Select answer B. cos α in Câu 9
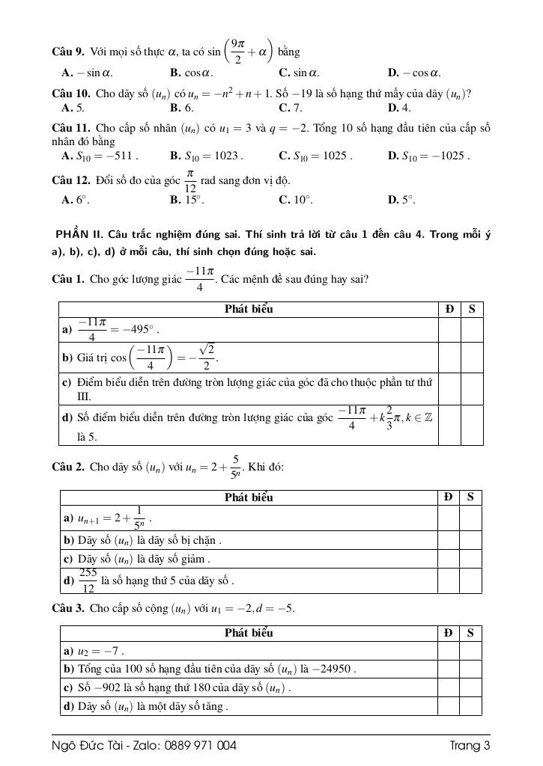click(192, 73)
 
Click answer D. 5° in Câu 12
click(401, 200)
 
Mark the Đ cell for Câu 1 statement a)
click(449, 330)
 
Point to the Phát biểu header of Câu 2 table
click(249, 497)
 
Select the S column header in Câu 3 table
click(470, 633)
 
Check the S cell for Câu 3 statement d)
click(470, 705)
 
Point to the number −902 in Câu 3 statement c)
click(94, 687)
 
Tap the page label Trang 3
click(470, 746)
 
